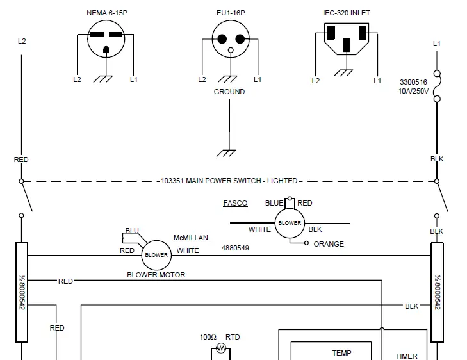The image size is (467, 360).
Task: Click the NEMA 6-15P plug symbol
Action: click(106, 40)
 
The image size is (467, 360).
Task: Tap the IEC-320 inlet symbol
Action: click(346, 38)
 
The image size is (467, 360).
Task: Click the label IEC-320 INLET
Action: click(346, 13)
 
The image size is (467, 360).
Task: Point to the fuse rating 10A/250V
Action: click(414, 92)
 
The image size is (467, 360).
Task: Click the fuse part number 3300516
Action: click(414, 83)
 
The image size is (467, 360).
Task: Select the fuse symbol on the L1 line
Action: click(437, 86)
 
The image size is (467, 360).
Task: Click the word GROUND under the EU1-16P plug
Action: click(229, 92)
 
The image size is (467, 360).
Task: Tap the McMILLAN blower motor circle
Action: click(156, 254)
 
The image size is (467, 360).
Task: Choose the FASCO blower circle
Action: click(290, 223)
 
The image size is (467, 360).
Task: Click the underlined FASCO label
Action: click(235, 203)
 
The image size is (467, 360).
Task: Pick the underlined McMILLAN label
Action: click(190, 238)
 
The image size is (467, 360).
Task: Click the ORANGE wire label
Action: click(329, 244)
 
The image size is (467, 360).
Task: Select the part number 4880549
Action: click(236, 248)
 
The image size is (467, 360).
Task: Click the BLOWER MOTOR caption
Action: click(156, 275)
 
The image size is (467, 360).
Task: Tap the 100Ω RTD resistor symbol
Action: click(221, 348)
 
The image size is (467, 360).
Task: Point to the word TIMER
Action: click(406, 356)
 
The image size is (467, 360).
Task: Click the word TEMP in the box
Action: click(342, 353)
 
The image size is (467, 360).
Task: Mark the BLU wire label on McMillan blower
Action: click(132, 231)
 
